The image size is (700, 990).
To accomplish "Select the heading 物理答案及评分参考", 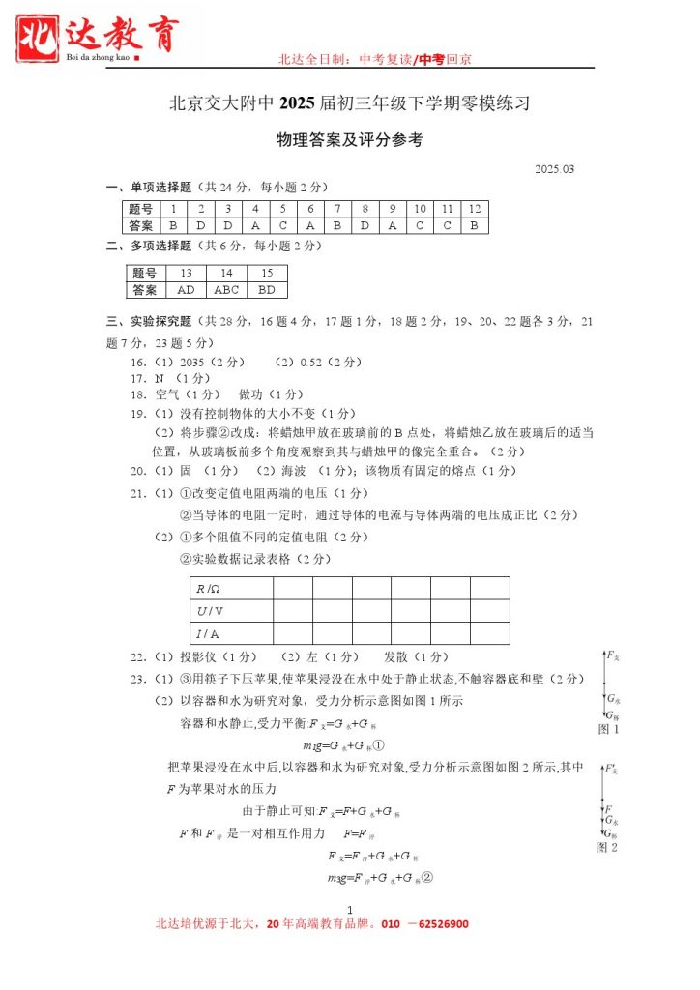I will click(349, 140).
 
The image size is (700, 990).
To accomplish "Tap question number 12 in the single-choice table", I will click(475, 209).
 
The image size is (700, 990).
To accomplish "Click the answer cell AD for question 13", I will click(186, 289).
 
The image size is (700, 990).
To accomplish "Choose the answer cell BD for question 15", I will click(267, 289).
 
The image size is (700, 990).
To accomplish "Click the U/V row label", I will click(209, 610).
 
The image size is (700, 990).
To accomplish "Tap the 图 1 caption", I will click(609, 729).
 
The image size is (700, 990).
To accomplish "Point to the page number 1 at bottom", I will click(349, 909).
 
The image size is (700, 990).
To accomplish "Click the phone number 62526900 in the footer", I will click(436, 924).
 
